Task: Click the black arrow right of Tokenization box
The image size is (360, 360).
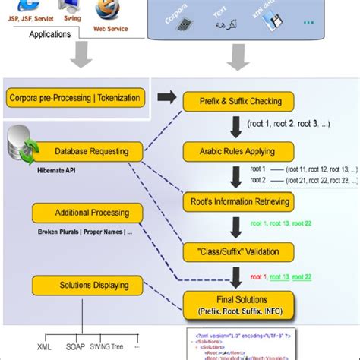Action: pyautogui.click(x=163, y=97)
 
